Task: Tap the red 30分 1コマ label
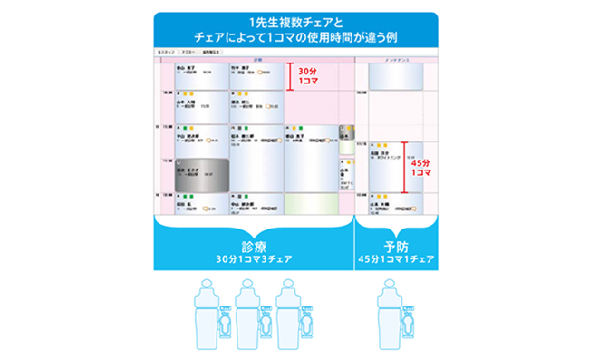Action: [310, 76]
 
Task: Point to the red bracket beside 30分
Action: [291, 76]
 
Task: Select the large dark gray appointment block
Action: [195, 170]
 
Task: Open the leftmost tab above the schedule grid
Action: [165, 53]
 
